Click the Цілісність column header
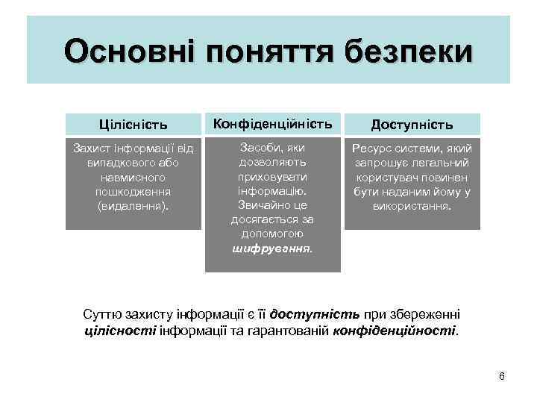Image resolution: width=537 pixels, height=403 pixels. tap(134, 124)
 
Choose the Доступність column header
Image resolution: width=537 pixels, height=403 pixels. tap(412, 125)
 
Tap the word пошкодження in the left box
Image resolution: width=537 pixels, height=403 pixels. tap(134, 193)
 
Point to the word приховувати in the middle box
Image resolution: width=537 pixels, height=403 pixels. tap(272, 176)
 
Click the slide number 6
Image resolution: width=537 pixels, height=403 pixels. tap(501, 376)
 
